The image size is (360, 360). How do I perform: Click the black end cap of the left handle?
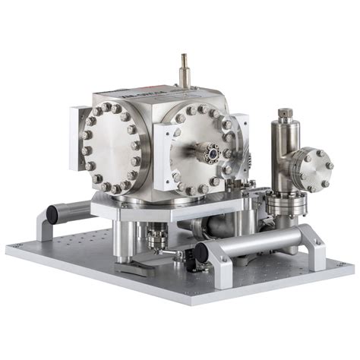[52, 213]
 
